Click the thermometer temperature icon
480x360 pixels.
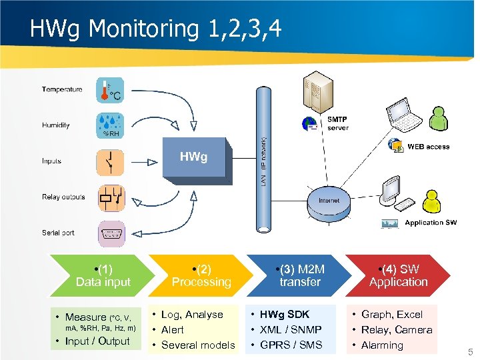click(110, 90)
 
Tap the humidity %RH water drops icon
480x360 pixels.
click(110, 125)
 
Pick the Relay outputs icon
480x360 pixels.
click(110, 197)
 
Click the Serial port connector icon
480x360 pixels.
click(110, 233)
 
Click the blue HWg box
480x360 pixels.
click(194, 159)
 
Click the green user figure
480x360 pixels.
click(438, 120)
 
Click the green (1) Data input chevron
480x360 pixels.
click(103, 275)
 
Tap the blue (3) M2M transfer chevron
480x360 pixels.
click(299, 275)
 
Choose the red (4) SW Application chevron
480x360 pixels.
click(398, 275)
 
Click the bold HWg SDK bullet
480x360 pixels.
click(285, 314)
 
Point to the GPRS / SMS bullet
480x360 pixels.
click(291, 345)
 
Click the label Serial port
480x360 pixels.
click(58, 233)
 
